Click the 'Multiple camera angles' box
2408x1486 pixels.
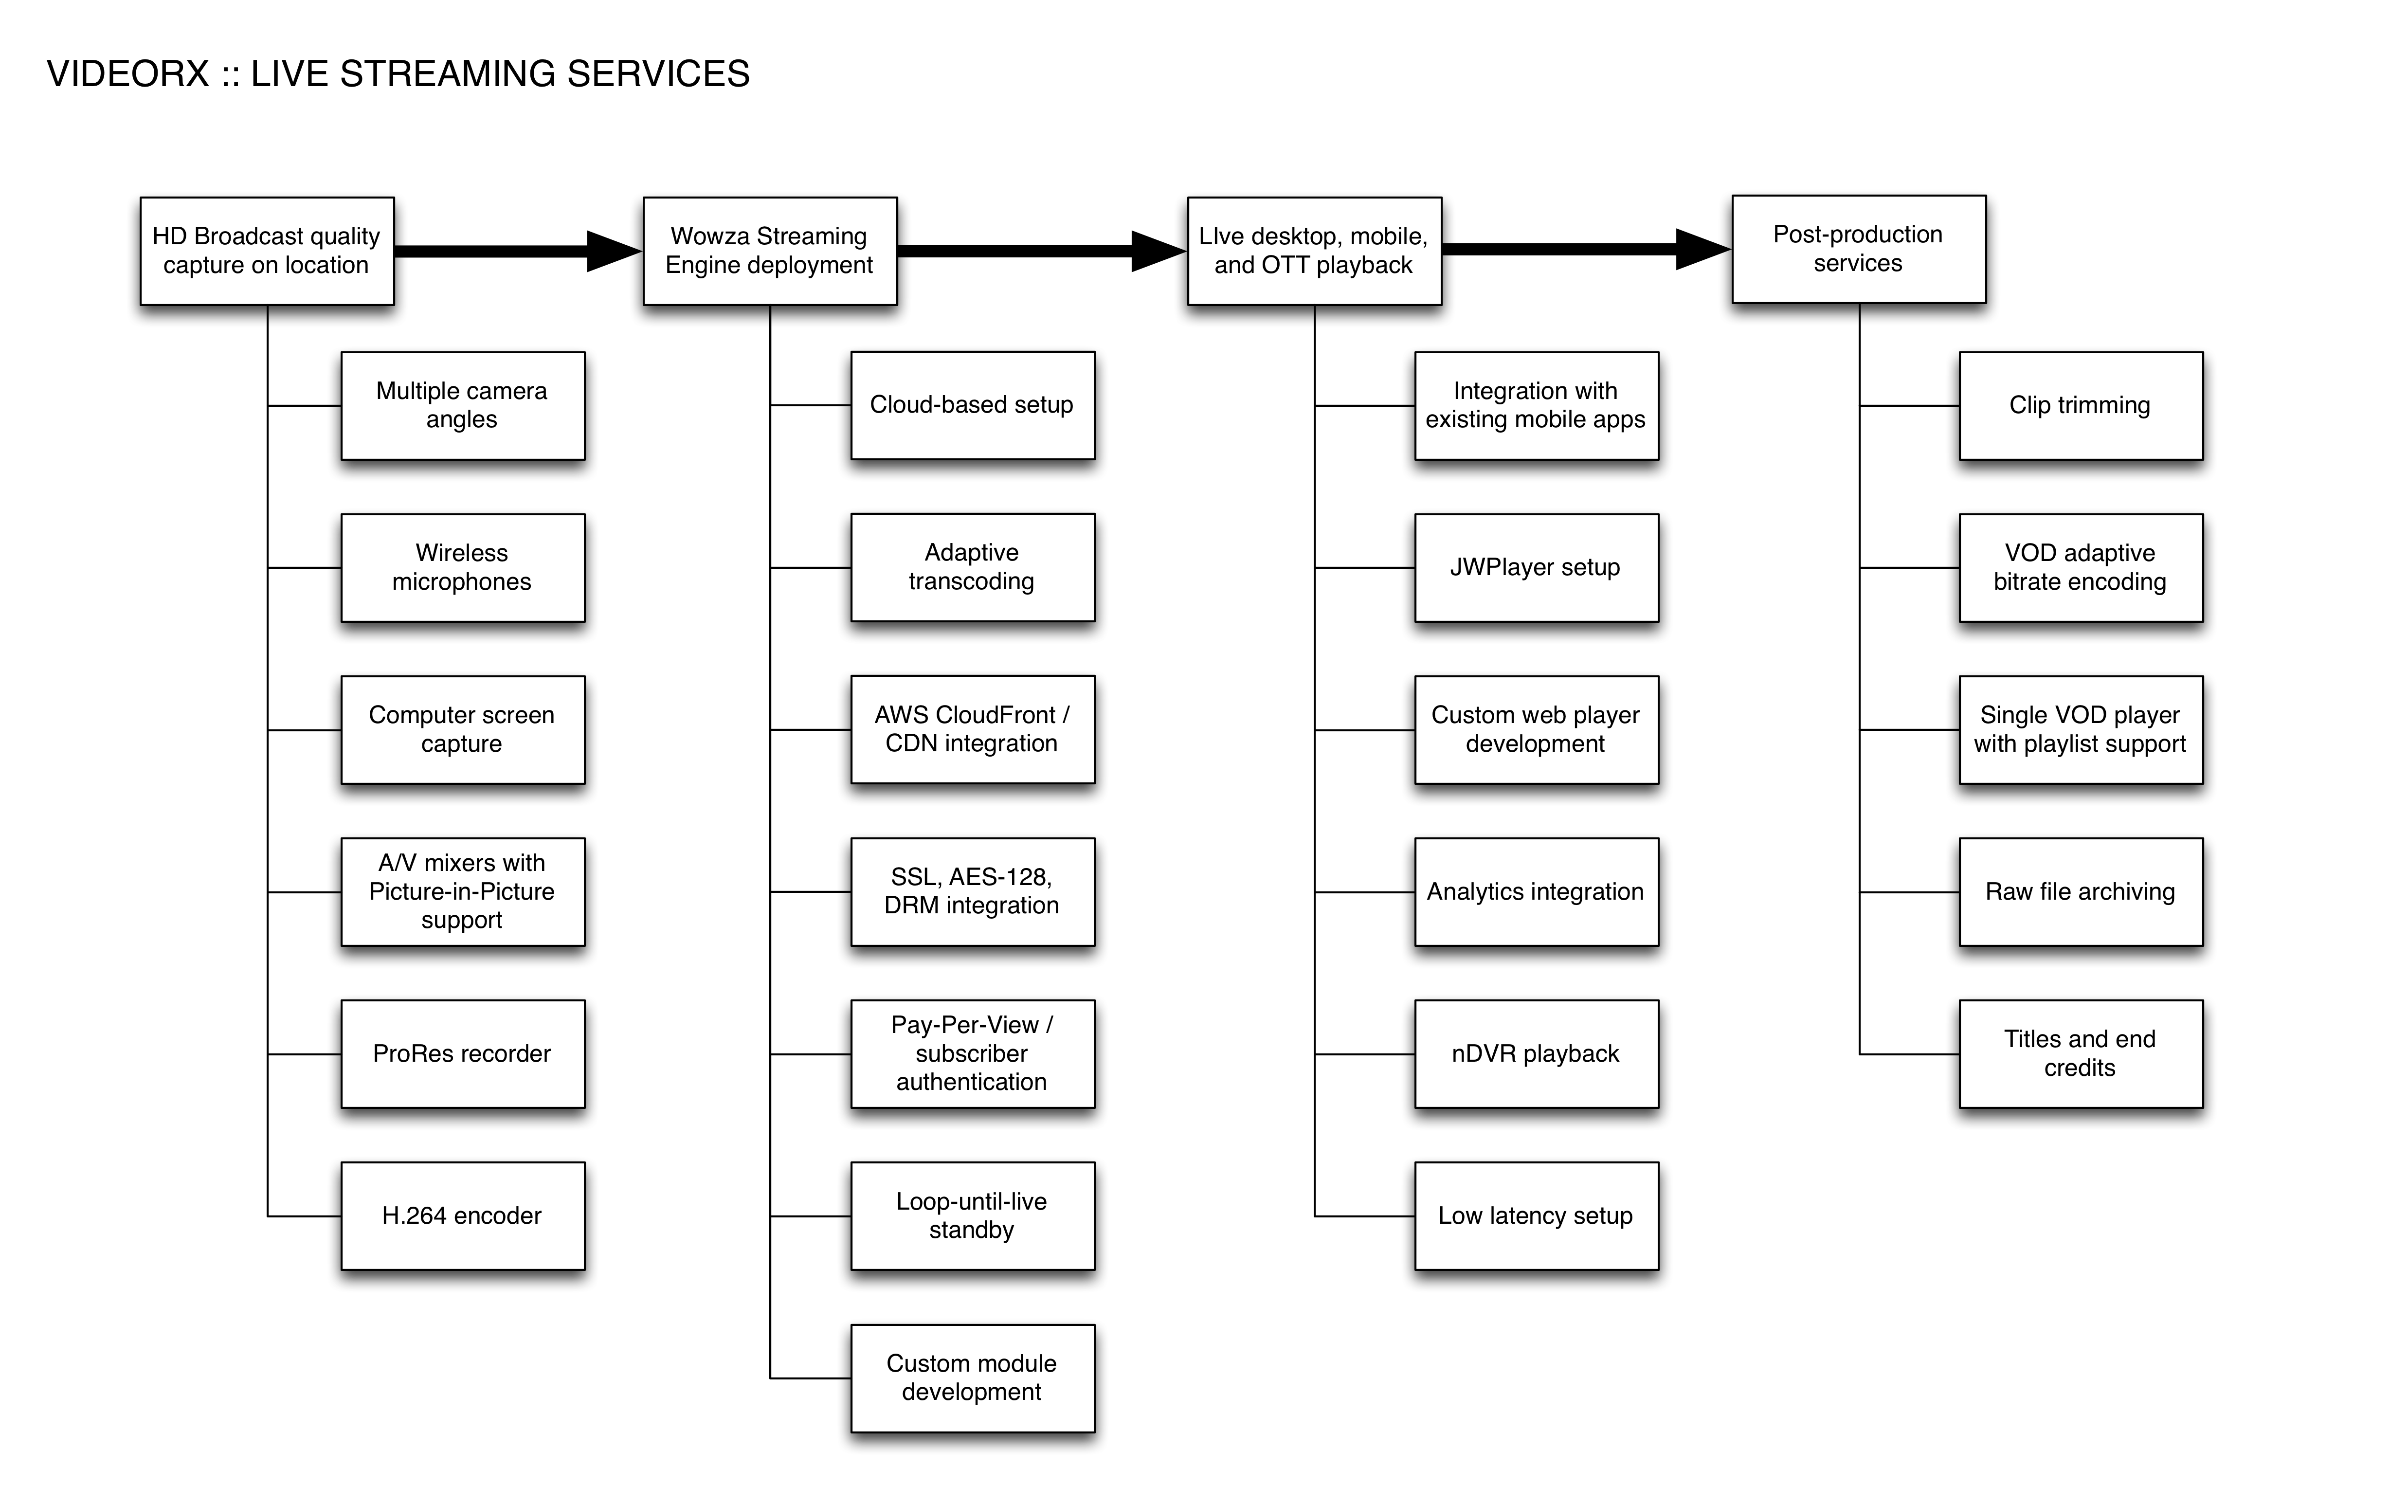tap(463, 406)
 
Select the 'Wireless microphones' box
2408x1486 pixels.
tap(463, 568)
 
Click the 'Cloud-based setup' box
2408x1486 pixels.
tap(973, 405)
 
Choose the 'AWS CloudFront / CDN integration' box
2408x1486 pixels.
tap(973, 729)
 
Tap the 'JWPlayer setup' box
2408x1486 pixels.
tap(1537, 568)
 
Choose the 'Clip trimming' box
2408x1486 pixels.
tap(2081, 406)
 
